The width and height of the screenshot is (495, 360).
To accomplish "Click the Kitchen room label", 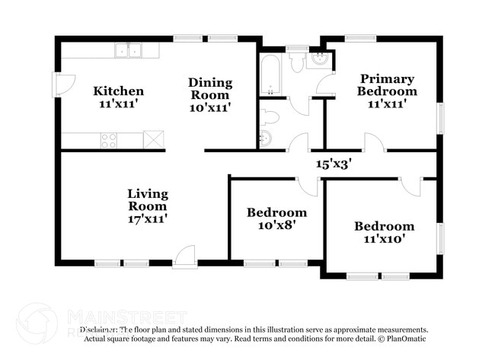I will click(118, 91).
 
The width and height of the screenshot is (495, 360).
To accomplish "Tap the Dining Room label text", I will click(209, 88).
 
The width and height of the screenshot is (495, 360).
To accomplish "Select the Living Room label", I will click(147, 199).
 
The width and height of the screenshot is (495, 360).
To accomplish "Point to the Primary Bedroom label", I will click(387, 84).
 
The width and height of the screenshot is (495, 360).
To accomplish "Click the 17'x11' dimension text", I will click(147, 218).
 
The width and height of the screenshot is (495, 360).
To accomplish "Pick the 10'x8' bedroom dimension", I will click(276, 225).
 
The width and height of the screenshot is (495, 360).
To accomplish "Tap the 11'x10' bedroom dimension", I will click(384, 239).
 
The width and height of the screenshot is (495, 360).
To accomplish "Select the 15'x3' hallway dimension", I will click(334, 163).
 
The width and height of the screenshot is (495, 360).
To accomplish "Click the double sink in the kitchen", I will click(129, 51).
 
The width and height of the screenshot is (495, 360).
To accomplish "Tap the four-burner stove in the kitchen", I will click(109, 140).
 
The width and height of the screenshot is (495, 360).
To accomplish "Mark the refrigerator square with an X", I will click(154, 139).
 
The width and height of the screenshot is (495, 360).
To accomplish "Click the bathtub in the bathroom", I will click(270, 75).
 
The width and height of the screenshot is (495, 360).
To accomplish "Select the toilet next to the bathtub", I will click(297, 61).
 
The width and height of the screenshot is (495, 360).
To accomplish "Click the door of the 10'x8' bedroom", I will click(307, 186).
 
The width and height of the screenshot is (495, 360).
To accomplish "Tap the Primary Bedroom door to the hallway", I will click(374, 142).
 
